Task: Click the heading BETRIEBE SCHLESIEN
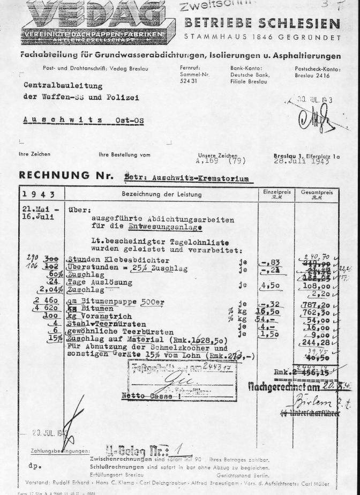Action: [262, 24]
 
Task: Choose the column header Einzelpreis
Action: [275, 193]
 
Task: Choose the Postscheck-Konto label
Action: [318, 69]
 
